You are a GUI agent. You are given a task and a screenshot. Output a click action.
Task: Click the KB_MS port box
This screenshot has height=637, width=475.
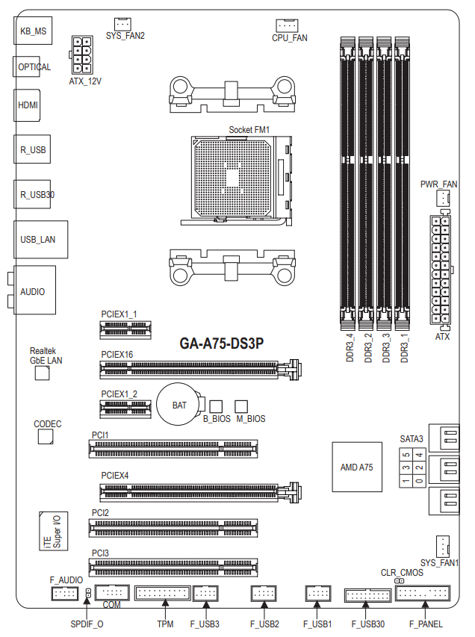point(33,31)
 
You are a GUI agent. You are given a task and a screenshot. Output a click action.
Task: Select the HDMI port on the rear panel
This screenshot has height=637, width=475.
point(27,105)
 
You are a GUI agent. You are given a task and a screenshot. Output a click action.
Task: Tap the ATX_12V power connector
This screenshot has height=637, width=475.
point(81,55)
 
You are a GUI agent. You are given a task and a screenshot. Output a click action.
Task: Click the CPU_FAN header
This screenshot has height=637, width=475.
point(287,25)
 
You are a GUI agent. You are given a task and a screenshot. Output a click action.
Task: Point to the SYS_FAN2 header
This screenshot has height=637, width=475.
point(122,24)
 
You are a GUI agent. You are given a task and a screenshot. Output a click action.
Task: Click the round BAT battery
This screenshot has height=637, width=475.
point(178,405)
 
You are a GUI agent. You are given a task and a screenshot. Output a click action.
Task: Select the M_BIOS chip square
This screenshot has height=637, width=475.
point(241,407)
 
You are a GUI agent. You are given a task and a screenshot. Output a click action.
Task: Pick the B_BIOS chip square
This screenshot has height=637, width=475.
point(216,407)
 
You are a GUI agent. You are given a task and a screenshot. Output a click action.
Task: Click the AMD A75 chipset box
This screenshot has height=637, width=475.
point(357,467)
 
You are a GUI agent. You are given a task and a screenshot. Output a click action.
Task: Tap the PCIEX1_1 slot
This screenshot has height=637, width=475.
point(125,329)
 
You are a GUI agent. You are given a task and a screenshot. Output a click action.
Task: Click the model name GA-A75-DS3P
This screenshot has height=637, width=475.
point(222,344)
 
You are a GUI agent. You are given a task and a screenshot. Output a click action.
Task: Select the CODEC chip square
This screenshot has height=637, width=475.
point(46,437)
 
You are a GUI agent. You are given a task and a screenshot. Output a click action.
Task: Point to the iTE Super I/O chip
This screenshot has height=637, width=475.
point(54,531)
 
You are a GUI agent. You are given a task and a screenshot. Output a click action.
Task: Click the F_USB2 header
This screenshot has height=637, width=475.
point(264,594)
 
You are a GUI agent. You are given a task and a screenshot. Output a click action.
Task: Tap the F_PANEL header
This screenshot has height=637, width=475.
point(423,593)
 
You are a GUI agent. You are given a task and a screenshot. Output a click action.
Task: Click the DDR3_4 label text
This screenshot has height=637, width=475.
point(350,348)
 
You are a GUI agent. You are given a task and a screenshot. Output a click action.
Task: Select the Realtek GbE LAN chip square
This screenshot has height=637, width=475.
point(43,373)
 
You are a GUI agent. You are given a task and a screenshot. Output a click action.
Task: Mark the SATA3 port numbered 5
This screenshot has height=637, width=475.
point(406,455)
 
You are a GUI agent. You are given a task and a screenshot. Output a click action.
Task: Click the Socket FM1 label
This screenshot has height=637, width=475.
point(249,130)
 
